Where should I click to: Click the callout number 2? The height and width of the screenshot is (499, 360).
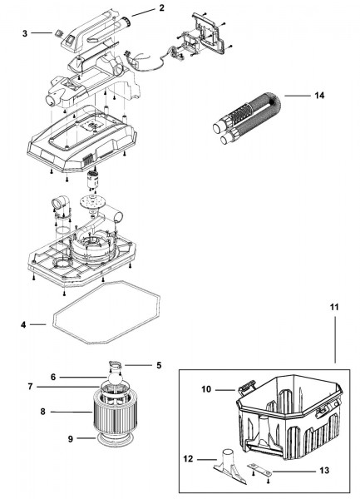[x=161, y=8]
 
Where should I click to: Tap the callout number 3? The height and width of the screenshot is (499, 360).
[x=25, y=33]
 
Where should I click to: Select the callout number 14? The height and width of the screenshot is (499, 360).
[x=319, y=96]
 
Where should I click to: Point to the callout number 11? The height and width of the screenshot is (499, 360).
[x=334, y=307]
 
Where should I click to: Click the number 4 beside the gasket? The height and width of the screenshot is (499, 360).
[x=23, y=325]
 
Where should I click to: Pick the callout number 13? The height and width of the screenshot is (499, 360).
[x=324, y=471]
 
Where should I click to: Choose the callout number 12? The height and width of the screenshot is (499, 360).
[x=188, y=459]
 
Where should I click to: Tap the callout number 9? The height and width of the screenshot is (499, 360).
[x=71, y=439]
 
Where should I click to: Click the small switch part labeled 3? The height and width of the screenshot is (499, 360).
[x=57, y=32]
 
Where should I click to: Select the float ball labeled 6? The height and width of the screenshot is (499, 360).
[x=114, y=378]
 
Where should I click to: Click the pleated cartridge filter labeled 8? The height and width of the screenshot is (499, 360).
[x=115, y=413]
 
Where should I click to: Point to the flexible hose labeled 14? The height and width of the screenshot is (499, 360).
[x=248, y=117]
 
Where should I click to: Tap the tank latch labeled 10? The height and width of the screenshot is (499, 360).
[x=246, y=387]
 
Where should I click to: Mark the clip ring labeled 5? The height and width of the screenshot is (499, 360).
[x=116, y=365]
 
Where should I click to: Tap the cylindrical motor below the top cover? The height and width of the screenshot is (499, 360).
[x=94, y=180]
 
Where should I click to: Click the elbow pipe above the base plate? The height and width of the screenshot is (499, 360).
[x=61, y=203]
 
